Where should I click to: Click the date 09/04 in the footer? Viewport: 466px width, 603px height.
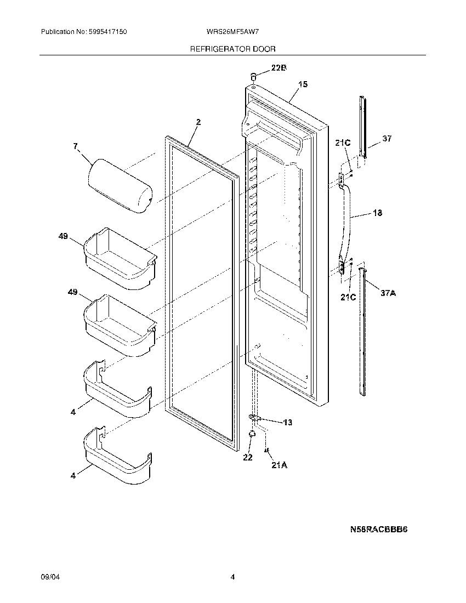pos(49,577)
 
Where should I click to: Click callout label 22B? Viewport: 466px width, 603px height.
pos(279,68)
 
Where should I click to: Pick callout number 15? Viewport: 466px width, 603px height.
pos(303,84)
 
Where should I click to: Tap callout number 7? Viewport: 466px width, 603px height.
pos(76,146)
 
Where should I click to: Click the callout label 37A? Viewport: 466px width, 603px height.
pos(388,293)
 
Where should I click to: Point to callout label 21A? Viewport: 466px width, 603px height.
pos(279,465)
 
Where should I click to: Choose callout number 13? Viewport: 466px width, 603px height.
pos(287,422)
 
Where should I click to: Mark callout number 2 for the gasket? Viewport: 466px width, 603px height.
pos(198,122)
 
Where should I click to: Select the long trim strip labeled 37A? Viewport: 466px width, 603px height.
pos(363,329)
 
